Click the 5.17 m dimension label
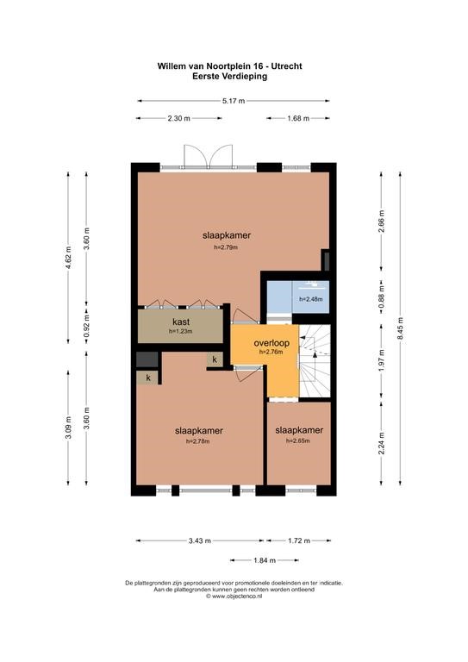234,101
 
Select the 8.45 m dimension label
401,331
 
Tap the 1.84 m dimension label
265,560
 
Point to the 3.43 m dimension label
200,540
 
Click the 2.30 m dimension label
178,118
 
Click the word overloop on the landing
271,343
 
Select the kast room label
181,322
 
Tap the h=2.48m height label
311,299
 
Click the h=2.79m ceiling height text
226,247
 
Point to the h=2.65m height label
298,440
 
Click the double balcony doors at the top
209,158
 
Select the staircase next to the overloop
315,361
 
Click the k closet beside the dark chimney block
147,378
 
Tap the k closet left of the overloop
215,359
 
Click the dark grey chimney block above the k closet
147,359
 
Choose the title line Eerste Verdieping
229,77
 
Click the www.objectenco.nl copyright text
234,596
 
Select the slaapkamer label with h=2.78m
199,431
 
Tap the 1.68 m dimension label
298,118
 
